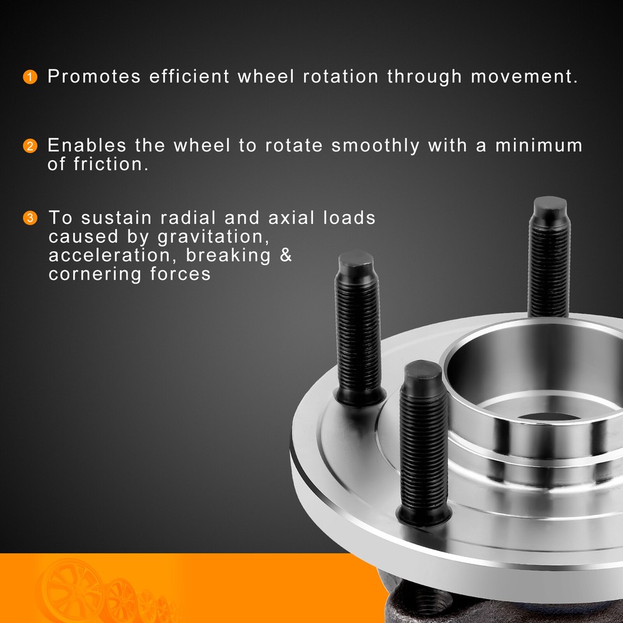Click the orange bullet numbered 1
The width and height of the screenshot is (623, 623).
coord(29,78)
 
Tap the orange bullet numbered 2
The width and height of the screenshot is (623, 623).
coord(29,146)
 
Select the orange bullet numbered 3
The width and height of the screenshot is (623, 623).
coord(29,217)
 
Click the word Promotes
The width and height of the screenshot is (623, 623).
coord(94,77)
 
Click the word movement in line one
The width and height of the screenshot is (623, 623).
coord(523,77)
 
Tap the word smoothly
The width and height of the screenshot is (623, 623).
coord(375,145)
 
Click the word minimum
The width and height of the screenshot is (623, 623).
coord(539,145)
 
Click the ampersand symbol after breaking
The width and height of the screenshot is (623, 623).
coord(286,255)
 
